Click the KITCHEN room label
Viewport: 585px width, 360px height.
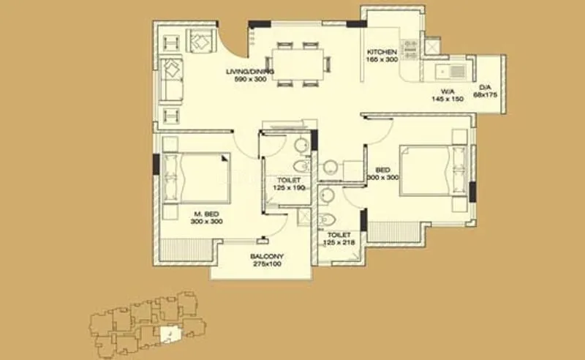click(x=382, y=52)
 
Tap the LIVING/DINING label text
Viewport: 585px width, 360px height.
click(x=249, y=71)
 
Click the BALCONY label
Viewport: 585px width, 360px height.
click(x=267, y=256)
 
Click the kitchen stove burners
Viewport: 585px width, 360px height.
click(x=410, y=49)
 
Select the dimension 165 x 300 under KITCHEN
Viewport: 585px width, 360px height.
click(x=382, y=59)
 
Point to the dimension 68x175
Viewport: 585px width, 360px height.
click(x=485, y=94)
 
